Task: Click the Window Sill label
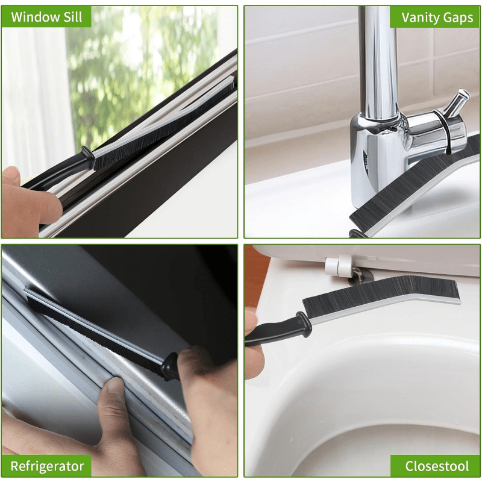tap(46, 16)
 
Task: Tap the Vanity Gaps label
tap(437, 17)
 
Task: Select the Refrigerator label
tap(47, 466)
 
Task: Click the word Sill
tap(71, 16)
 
